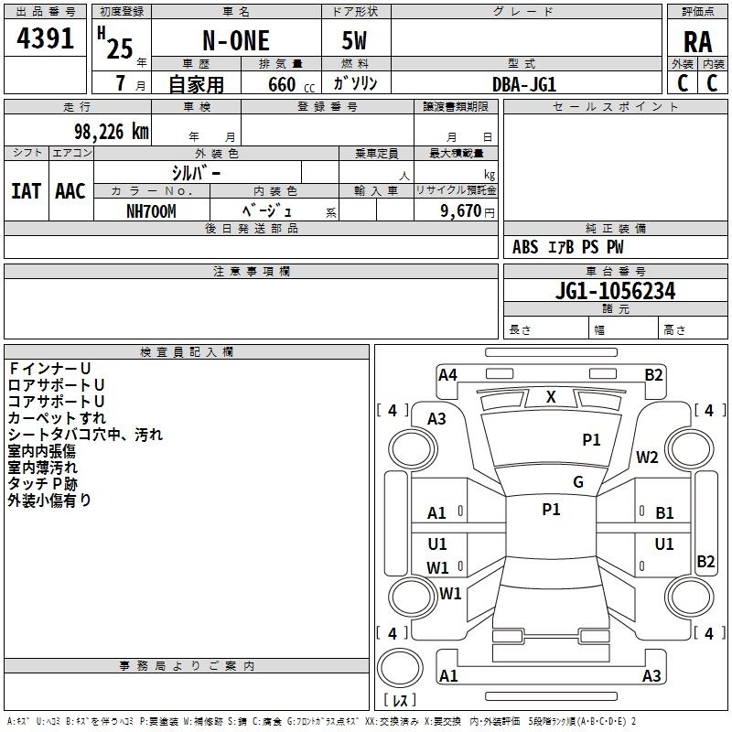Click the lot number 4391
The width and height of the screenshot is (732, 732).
45,38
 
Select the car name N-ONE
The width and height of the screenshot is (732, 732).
236,40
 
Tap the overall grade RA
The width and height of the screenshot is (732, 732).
697,42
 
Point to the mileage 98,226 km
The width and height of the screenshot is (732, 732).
111,132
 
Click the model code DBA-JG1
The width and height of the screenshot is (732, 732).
524,84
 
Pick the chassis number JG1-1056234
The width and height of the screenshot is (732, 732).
615,291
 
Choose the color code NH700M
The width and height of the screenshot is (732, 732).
151,211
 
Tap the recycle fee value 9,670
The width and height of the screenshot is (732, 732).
461,211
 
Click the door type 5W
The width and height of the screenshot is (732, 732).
354,40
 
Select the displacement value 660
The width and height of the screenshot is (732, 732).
282,84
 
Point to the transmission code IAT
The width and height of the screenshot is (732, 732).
26,191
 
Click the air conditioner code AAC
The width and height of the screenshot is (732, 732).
70,191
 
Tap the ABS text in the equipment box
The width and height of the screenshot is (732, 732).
525,247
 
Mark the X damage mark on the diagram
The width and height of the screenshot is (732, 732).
551,397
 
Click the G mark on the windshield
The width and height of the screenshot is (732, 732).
578,482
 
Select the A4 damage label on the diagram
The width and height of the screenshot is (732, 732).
447,375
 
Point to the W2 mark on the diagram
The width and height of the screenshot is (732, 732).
647,457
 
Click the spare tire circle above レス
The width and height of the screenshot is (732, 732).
400,668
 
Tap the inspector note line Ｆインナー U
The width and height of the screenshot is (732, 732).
49,369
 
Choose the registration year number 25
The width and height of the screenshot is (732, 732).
120,48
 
